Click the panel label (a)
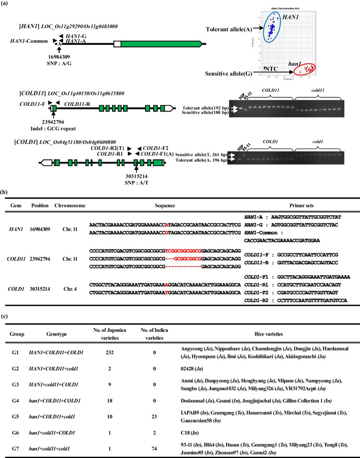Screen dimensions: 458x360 7,5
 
